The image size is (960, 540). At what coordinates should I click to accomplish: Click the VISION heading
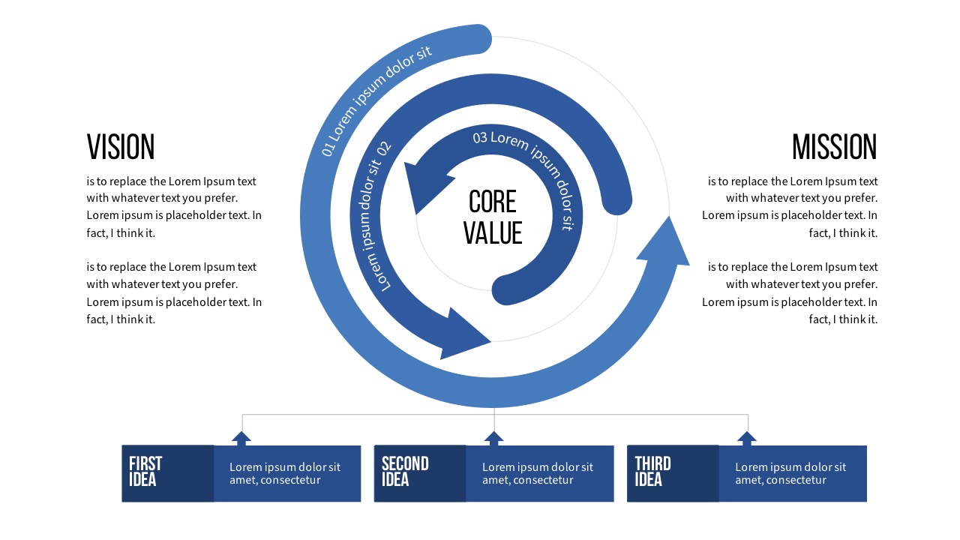click(121, 147)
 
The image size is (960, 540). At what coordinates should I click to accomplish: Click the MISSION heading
click(834, 147)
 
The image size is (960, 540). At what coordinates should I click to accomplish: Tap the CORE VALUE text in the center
click(492, 217)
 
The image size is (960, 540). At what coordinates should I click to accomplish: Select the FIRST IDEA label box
click(167, 473)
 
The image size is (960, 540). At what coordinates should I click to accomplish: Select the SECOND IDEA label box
click(420, 473)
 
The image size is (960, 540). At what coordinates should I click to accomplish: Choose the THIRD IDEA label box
click(673, 473)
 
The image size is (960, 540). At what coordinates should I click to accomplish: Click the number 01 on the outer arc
click(329, 148)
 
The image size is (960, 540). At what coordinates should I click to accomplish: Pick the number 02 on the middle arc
click(384, 148)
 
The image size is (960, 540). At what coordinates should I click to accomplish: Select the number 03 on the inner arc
click(480, 137)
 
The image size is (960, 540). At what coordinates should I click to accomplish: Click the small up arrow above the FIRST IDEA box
click(241, 438)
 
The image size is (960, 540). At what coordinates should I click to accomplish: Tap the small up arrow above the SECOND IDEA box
click(493, 438)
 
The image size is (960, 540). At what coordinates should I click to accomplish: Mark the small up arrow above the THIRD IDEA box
click(746, 438)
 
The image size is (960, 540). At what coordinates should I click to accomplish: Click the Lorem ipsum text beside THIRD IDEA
click(790, 473)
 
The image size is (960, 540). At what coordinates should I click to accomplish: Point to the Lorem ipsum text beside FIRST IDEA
click(285, 473)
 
